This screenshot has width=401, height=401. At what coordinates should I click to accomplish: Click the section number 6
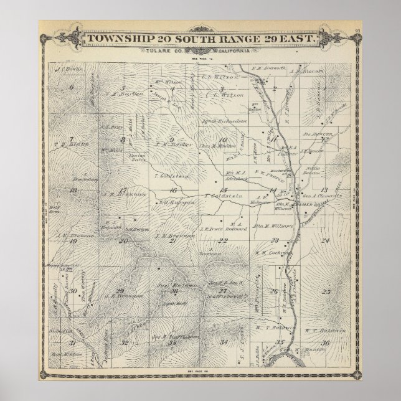click(72, 88)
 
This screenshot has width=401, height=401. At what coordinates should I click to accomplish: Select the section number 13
click(324, 189)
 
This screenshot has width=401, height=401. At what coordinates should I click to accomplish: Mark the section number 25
click(326, 291)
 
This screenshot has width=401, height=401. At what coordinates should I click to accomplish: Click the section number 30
click(73, 291)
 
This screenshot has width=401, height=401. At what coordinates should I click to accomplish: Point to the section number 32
click(125, 342)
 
